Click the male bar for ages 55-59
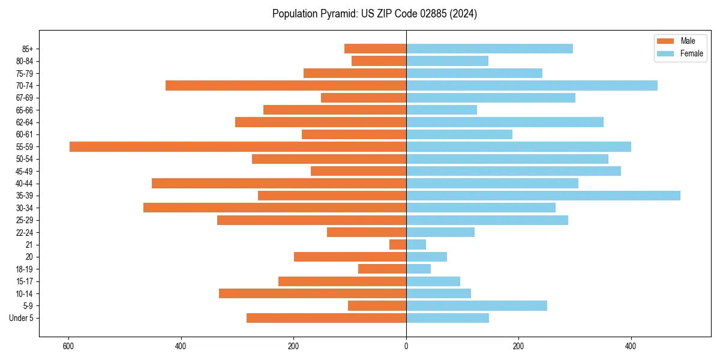(x=238, y=147)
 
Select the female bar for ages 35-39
(x=543, y=196)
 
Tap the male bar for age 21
(x=398, y=245)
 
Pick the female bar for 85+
(x=490, y=49)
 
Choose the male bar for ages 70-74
(x=286, y=86)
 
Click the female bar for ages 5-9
(x=476, y=306)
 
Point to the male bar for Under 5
(x=326, y=318)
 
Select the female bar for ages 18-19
(x=418, y=269)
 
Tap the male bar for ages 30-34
(x=275, y=208)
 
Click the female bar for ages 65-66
(x=442, y=110)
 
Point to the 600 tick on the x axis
(x=68, y=346)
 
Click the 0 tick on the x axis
(x=406, y=346)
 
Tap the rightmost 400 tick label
(x=631, y=346)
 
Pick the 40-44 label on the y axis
(x=25, y=184)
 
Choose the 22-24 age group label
(x=25, y=233)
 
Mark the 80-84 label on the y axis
(x=25, y=61)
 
